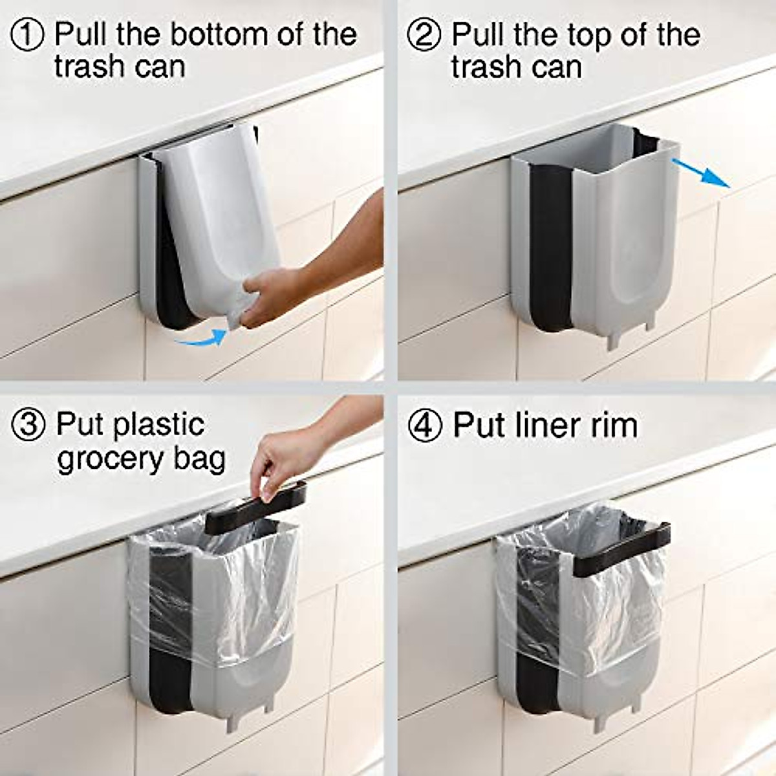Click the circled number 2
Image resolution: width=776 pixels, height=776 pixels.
pyautogui.click(x=424, y=34)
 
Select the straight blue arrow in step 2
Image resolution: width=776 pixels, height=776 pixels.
pyautogui.click(x=702, y=173)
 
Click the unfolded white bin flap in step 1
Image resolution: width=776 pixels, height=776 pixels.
pyautogui.click(x=223, y=207)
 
